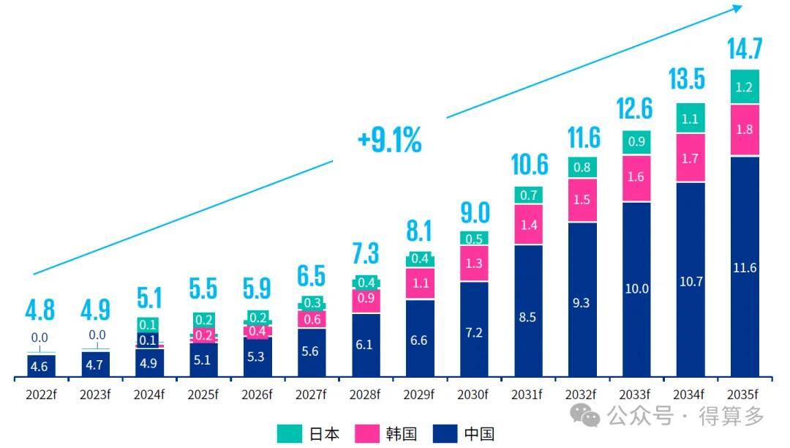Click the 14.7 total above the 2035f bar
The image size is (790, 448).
click(x=745, y=48)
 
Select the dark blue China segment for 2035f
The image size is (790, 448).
click(x=745, y=266)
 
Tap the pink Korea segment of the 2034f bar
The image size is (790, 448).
click(x=691, y=157)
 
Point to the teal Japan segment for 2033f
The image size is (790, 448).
click(x=636, y=142)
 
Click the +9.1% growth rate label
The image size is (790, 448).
click(x=389, y=140)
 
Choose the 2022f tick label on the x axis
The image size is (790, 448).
click(x=41, y=394)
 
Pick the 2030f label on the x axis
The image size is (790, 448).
click(x=473, y=394)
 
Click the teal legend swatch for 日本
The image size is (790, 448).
click(x=289, y=433)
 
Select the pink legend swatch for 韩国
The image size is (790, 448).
click(x=366, y=433)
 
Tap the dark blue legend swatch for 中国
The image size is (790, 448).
click(x=445, y=433)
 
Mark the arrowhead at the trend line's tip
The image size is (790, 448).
click(x=738, y=7)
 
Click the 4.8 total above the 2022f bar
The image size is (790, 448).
click(x=39, y=310)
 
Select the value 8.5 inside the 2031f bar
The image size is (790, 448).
click(x=527, y=317)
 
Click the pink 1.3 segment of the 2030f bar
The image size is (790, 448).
click(x=474, y=263)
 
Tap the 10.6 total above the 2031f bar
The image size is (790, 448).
click(x=529, y=165)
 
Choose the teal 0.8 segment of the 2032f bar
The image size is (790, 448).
click(x=582, y=168)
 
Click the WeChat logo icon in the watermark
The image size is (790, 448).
click(x=585, y=416)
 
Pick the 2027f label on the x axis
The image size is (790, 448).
click(x=311, y=394)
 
